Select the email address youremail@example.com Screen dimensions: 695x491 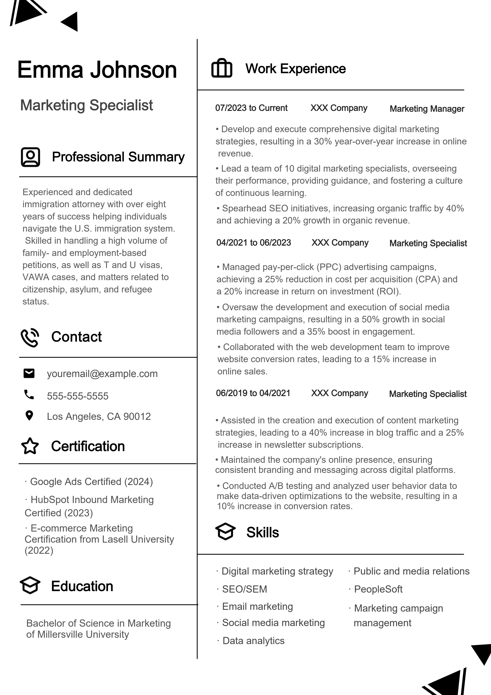[x=102, y=374]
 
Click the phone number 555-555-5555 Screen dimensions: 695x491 [x=77, y=396]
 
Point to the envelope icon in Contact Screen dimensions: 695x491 [x=29, y=373]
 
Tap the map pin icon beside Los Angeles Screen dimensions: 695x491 [x=29, y=416]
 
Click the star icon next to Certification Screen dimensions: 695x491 [x=30, y=446]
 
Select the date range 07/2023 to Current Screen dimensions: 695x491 [x=251, y=108]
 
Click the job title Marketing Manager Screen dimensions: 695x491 [x=427, y=109]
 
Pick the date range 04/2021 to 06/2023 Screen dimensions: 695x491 [x=254, y=243]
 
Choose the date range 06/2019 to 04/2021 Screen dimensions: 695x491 [x=253, y=393]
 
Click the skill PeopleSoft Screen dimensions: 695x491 [x=378, y=589]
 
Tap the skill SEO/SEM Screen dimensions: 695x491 [x=244, y=589]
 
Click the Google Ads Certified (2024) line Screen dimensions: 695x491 [x=91, y=482]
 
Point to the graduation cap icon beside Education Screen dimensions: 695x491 [x=30, y=585]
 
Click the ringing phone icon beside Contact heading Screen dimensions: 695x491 [x=30, y=337]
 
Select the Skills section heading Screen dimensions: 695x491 [x=262, y=533]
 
